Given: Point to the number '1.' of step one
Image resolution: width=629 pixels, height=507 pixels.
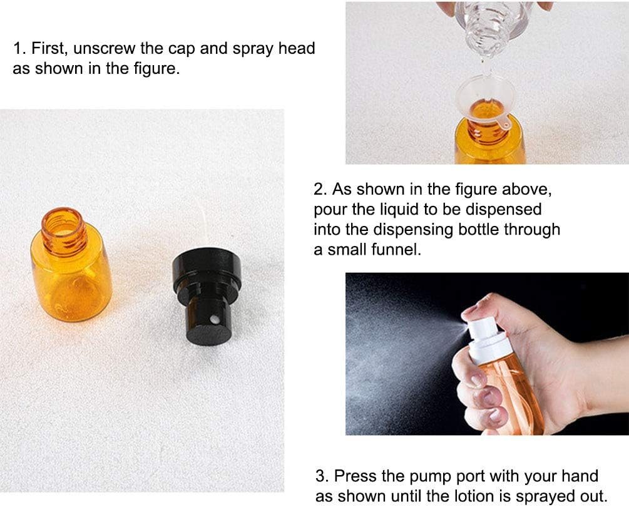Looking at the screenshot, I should [x=19, y=48].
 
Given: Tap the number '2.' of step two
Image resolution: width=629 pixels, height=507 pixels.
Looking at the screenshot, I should [x=321, y=189].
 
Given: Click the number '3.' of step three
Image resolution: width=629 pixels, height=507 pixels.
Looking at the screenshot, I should [x=323, y=476].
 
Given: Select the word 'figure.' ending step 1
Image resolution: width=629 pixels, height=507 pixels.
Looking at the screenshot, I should [x=155, y=68].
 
